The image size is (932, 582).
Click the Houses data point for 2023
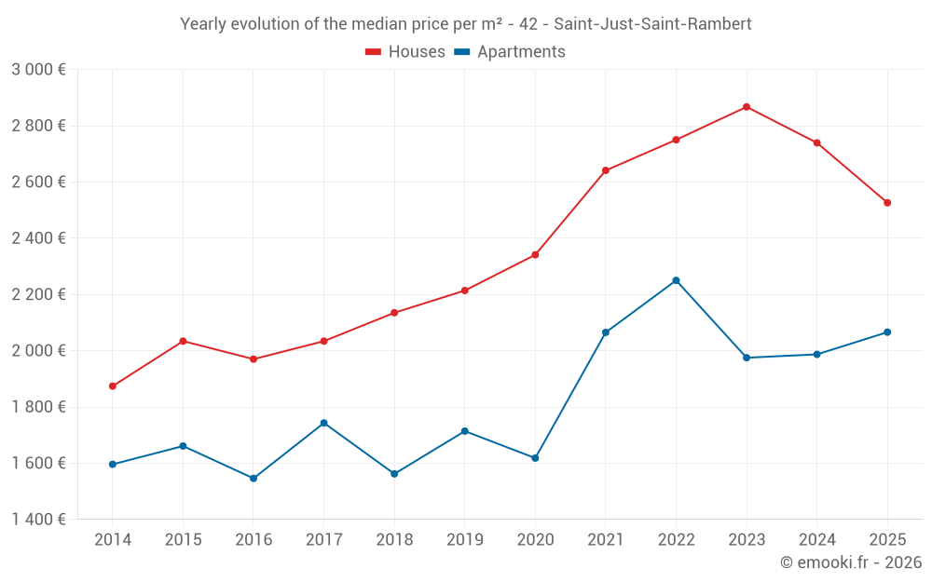(747, 107)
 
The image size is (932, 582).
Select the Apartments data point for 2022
(676, 280)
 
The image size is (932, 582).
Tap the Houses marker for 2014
(113, 386)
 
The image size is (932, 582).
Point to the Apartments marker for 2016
(254, 479)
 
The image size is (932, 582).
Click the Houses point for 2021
(606, 170)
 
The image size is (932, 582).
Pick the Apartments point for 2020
(535, 458)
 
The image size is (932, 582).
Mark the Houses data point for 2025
(887, 203)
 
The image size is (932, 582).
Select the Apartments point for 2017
(323, 423)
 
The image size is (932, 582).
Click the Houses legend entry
(405, 52)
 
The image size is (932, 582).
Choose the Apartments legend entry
(510, 52)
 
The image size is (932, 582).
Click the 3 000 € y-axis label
(38, 70)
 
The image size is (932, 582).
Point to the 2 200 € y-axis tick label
(38, 294)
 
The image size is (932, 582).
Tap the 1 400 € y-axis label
(38, 520)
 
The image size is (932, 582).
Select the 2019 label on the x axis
(464, 540)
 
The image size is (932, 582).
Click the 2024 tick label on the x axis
(816, 540)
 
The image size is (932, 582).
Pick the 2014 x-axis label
(113, 540)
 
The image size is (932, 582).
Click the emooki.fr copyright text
(850, 562)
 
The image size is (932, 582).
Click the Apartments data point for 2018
(394, 474)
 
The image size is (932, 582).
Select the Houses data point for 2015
(183, 341)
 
